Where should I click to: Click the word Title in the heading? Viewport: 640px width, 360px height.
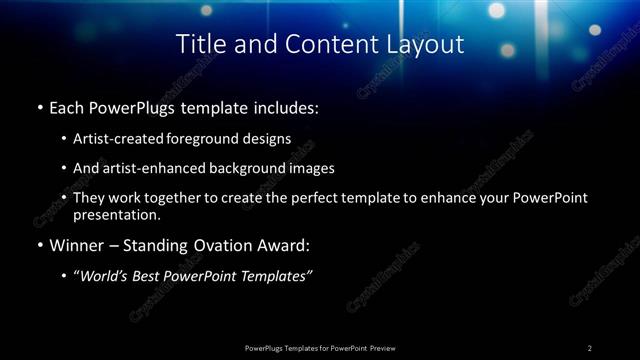point(198,44)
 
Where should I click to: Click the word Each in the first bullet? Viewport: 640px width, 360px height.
point(67,105)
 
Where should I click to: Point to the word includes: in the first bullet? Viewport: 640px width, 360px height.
point(285,105)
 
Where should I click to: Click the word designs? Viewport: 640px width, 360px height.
point(262,139)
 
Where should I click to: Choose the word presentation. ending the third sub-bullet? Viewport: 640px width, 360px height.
point(117,215)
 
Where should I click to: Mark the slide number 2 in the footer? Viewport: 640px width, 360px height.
point(590,348)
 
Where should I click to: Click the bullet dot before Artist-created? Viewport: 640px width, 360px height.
point(64,140)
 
